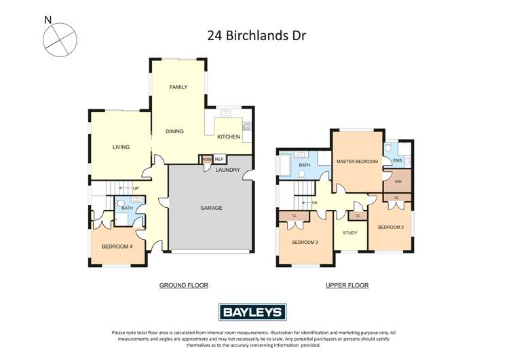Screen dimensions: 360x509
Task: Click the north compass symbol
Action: [59, 39]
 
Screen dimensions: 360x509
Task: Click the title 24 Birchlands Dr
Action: [257, 35]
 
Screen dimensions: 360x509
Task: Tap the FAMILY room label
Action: [178, 87]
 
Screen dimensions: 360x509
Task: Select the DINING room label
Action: [174, 131]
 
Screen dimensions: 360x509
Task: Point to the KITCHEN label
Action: [228, 137]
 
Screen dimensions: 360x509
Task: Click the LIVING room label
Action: [121, 147]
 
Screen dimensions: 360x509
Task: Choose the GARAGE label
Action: [211, 208]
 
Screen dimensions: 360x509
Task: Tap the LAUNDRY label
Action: [227, 170]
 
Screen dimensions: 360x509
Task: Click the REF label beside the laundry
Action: [219, 160]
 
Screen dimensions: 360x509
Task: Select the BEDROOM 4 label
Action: [117, 247]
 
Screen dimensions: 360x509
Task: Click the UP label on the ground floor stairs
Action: [136, 188]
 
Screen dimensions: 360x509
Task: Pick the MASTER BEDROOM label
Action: [357, 161]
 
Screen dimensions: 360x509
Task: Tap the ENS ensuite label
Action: [398, 161]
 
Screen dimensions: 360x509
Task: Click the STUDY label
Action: [350, 233]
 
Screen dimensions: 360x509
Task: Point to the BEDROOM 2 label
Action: [391, 227]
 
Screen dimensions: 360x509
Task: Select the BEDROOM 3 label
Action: [305, 242]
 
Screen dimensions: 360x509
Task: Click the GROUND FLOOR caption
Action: [183, 285]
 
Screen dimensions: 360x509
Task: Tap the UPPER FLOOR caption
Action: [347, 285]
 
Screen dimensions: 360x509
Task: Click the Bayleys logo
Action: [252, 312]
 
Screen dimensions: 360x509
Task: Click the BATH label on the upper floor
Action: [305, 165]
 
